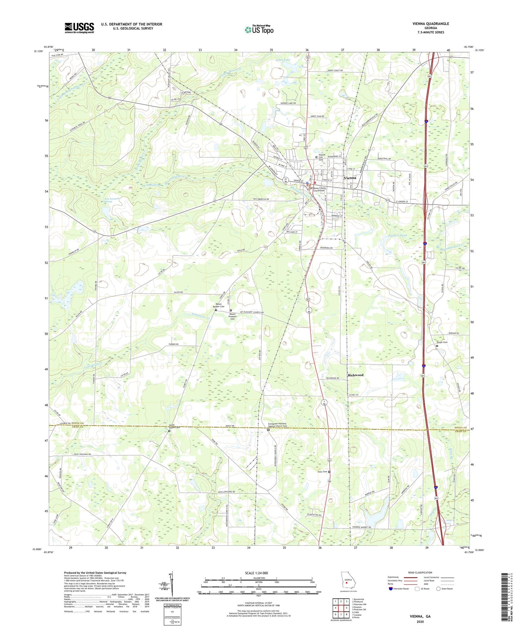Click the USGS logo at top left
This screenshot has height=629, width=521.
(79, 27)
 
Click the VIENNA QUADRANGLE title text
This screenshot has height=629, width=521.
(431, 24)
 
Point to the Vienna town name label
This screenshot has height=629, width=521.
(350, 178)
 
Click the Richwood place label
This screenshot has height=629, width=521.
(356, 375)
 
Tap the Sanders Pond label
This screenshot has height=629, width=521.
(398, 236)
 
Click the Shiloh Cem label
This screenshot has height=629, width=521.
(442, 342)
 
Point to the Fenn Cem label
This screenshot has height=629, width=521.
(322, 472)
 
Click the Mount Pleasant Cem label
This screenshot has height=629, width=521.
(233, 316)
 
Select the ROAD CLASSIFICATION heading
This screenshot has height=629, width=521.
(420, 572)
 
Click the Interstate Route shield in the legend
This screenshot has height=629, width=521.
(391, 589)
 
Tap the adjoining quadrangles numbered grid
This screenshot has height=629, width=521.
(341, 608)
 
